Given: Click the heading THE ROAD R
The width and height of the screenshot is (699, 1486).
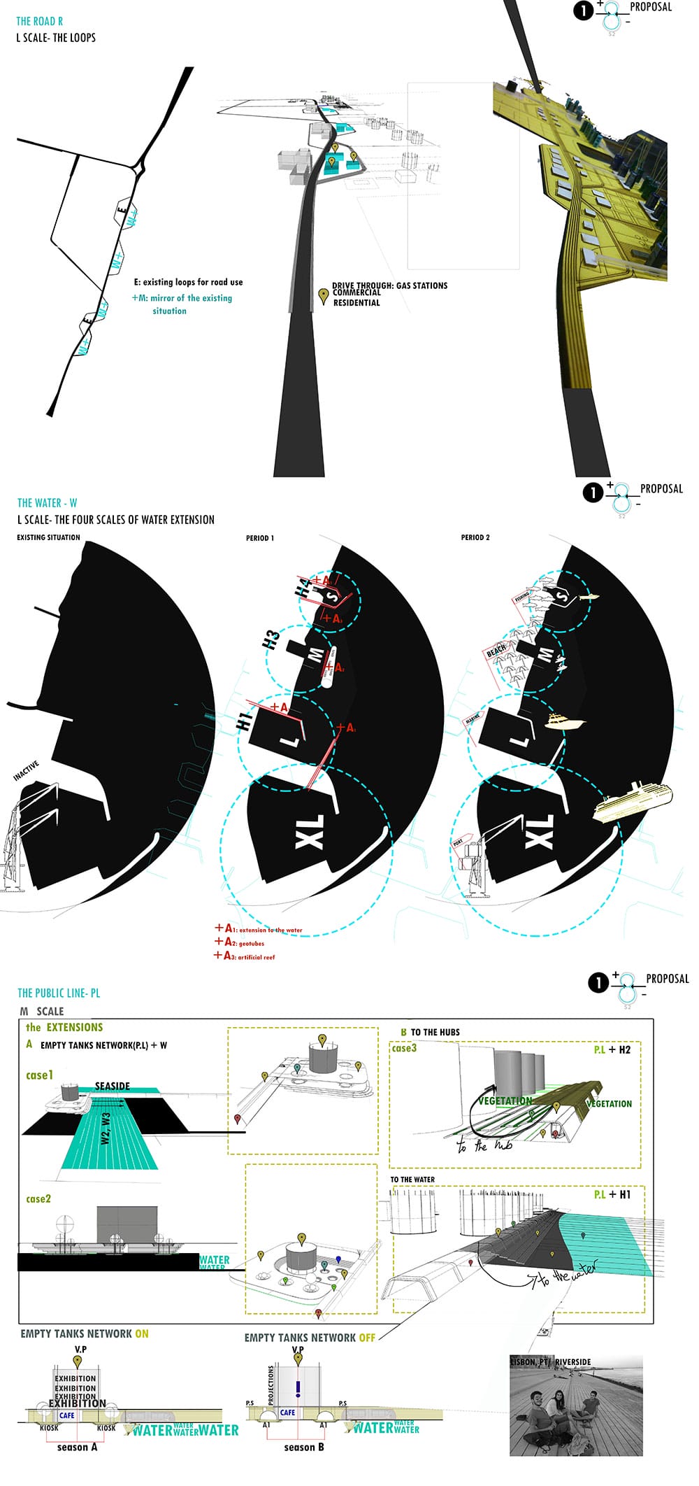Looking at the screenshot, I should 40,21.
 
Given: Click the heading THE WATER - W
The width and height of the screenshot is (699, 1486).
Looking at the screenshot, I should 48,502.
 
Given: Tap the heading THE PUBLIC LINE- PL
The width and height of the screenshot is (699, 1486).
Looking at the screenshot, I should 59,993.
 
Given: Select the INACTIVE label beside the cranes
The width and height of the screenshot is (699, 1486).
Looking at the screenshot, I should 26,770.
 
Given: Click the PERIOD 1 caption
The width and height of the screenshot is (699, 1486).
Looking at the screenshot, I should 260,538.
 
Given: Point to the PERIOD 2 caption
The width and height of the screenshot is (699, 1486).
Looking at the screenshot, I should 475,538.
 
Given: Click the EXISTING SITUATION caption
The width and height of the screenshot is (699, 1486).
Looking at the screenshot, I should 48,538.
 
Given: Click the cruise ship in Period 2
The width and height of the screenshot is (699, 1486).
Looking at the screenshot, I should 633,799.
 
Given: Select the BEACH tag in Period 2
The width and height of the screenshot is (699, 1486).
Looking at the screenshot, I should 496,651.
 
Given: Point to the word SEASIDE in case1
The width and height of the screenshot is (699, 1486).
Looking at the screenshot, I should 113,1086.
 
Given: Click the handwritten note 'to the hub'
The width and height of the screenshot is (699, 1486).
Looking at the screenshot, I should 484,1145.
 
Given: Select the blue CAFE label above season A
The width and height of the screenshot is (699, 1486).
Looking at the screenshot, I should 67,1415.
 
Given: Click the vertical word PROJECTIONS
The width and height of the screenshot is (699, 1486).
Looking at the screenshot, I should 271,1385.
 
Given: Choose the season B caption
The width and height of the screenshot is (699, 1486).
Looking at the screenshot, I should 303,1447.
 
